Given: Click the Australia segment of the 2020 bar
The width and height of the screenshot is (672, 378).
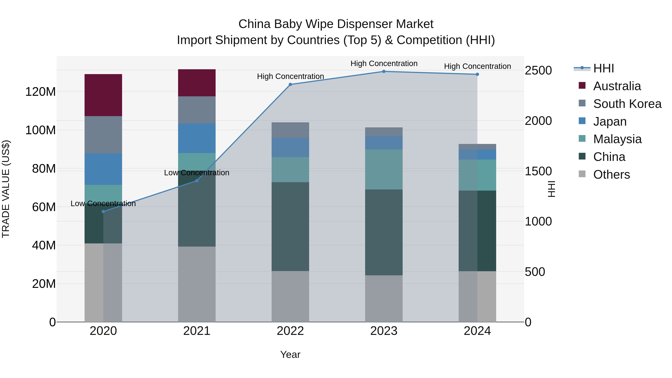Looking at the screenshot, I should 103,95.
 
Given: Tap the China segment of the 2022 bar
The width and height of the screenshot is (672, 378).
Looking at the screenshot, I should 290,226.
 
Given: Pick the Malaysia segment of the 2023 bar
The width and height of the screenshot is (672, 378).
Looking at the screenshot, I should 384,169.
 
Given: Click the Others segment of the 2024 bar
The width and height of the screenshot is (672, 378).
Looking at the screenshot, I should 477,296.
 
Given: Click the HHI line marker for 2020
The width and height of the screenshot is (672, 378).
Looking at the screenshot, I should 103,211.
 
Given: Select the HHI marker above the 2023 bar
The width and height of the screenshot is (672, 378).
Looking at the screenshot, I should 384,71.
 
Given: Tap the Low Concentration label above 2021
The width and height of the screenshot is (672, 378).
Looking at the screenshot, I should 197,173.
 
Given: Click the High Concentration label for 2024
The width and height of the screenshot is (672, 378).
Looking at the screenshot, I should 477,66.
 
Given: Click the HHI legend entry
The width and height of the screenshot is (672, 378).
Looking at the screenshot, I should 603,68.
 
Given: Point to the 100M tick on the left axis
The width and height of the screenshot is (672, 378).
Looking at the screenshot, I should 41,130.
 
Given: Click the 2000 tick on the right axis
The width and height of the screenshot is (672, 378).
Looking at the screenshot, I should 538,121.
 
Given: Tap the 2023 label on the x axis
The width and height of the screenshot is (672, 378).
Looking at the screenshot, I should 384,331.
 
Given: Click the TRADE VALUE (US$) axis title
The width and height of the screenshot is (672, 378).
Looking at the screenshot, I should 6,189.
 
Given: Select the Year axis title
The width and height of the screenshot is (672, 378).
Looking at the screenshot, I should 290,354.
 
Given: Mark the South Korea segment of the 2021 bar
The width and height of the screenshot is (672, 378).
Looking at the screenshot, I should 197,110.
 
